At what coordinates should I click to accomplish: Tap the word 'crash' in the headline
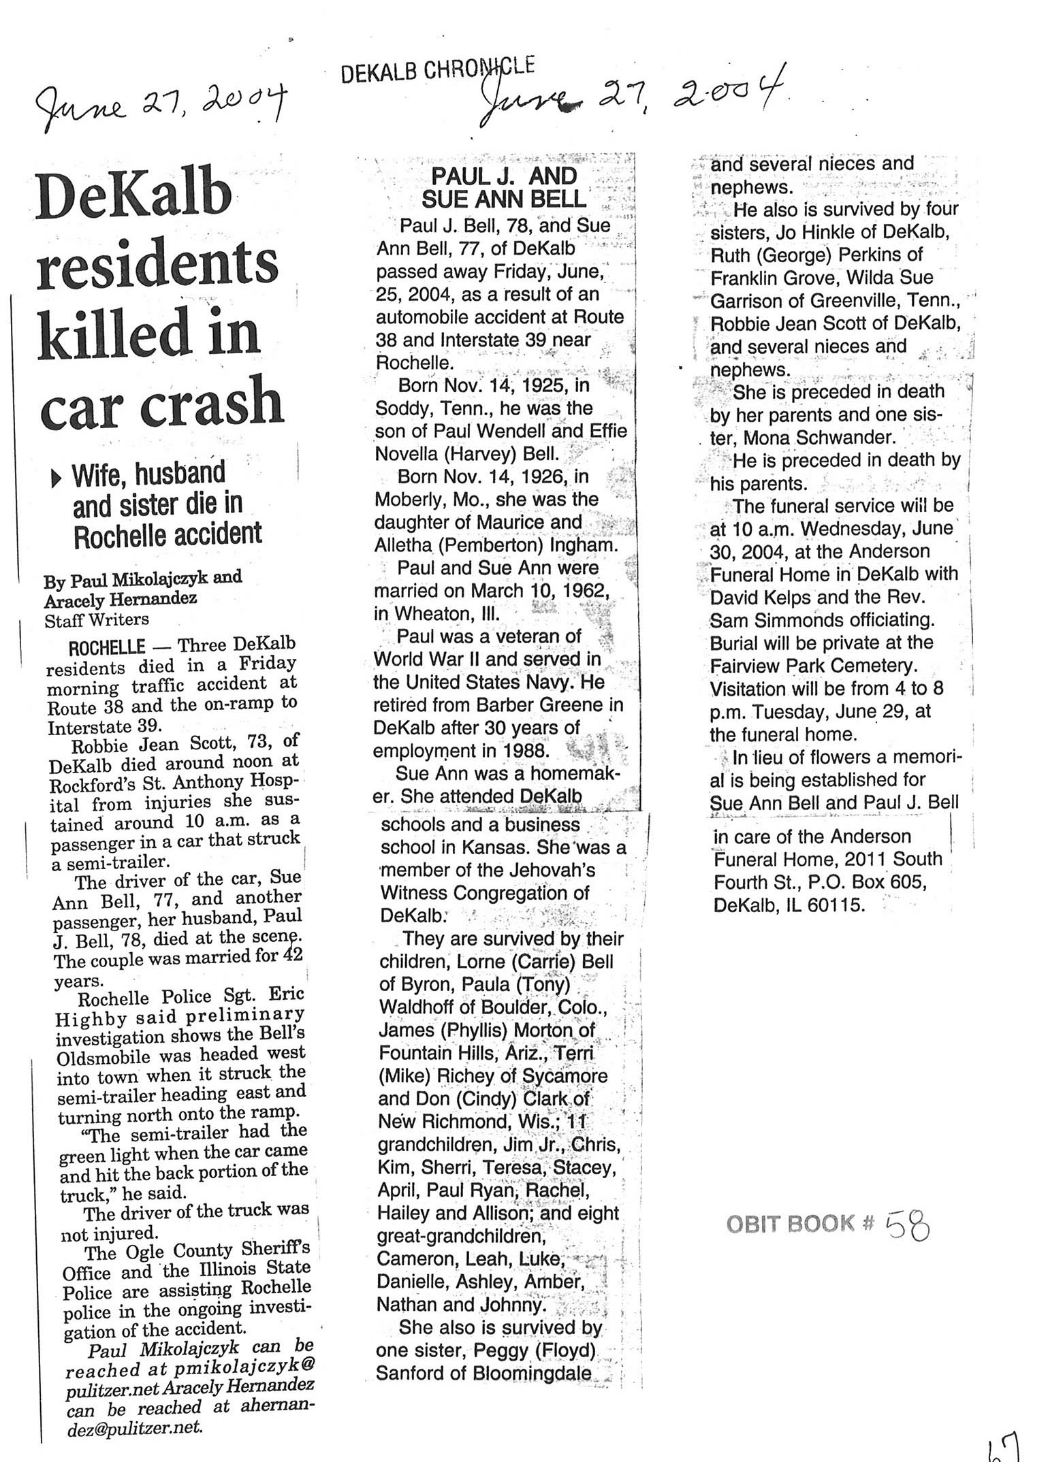click(212, 403)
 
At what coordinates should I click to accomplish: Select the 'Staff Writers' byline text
click(96, 620)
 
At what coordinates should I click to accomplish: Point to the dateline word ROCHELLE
click(107, 647)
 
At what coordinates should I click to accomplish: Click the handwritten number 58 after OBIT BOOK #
click(908, 1244)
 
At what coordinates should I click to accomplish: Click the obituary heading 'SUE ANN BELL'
click(503, 199)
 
